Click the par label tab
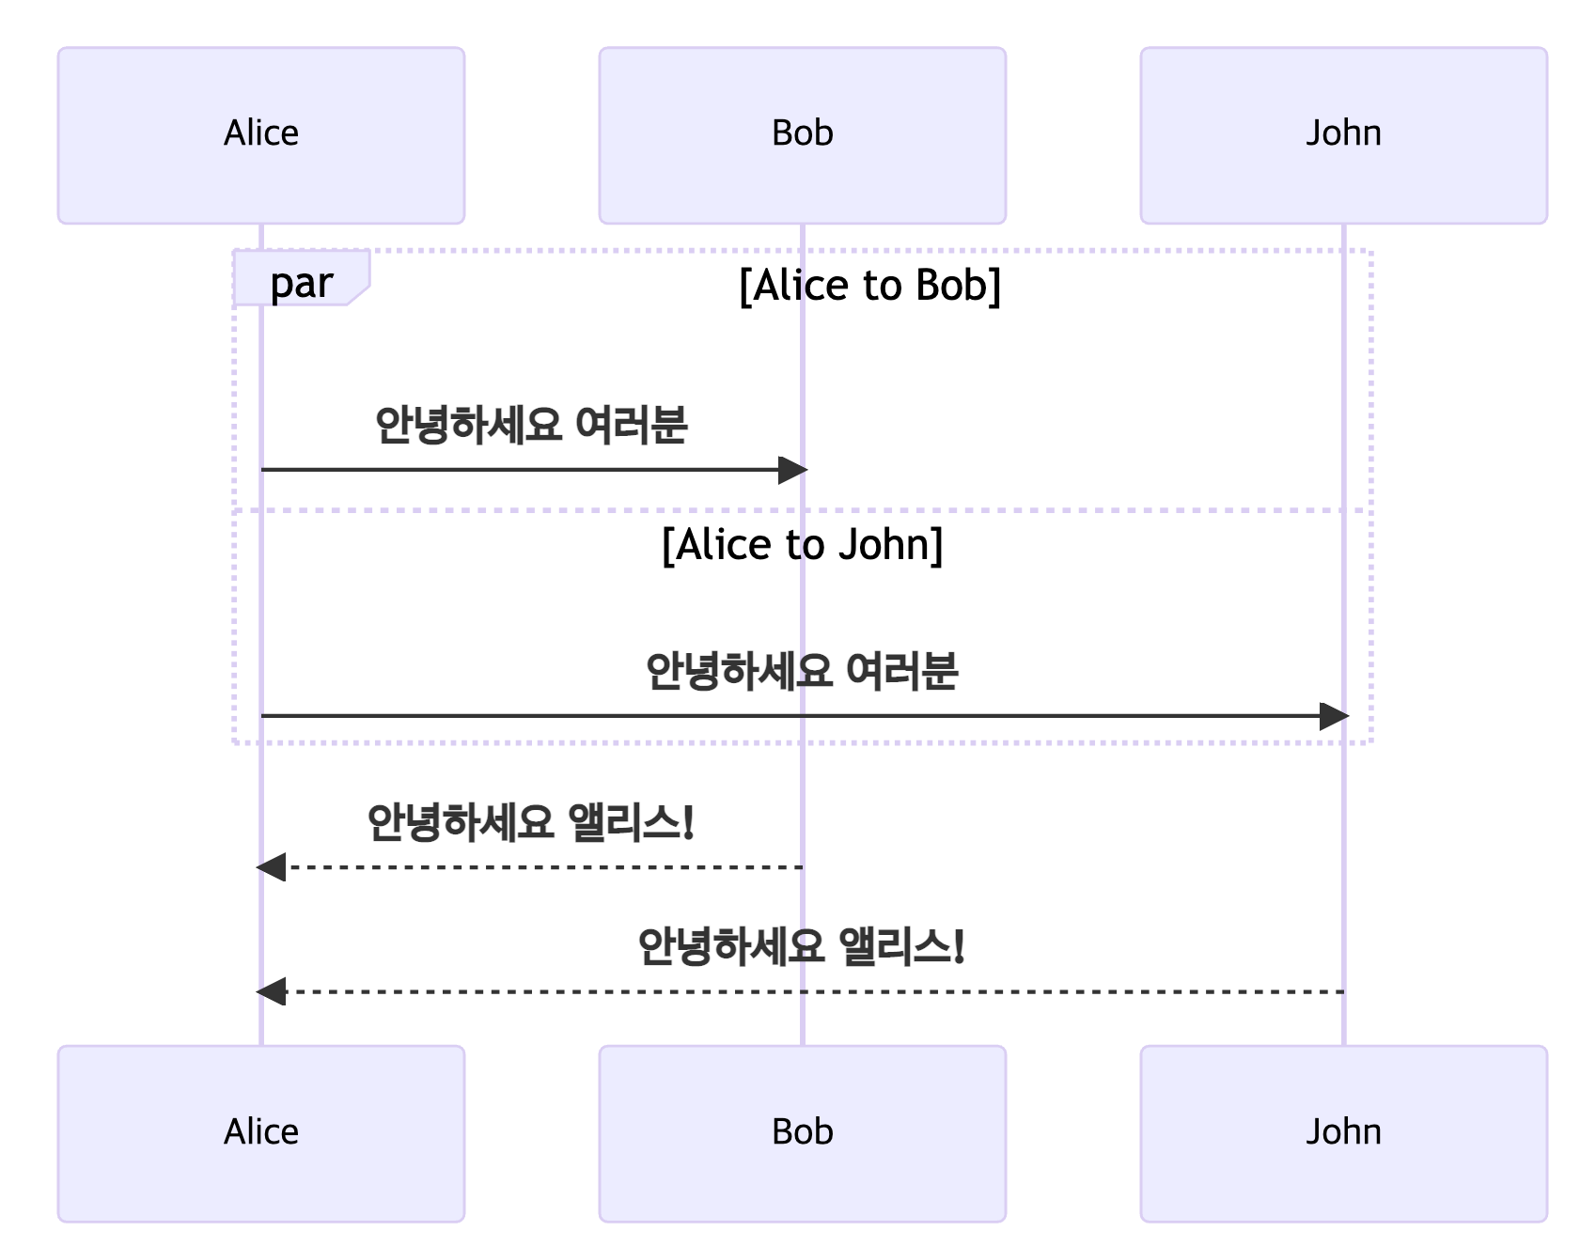301,281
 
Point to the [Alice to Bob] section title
870,286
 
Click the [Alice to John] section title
802,545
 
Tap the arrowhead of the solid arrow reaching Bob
793,470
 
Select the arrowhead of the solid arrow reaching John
1335,716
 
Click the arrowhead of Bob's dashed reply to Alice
272,866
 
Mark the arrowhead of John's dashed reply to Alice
272,991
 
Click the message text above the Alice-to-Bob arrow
531,425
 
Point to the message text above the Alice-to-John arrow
802,671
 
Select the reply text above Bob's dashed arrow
531,822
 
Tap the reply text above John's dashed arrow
802,946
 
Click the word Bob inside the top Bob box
802,133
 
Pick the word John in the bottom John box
1343,1131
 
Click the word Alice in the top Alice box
261,133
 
